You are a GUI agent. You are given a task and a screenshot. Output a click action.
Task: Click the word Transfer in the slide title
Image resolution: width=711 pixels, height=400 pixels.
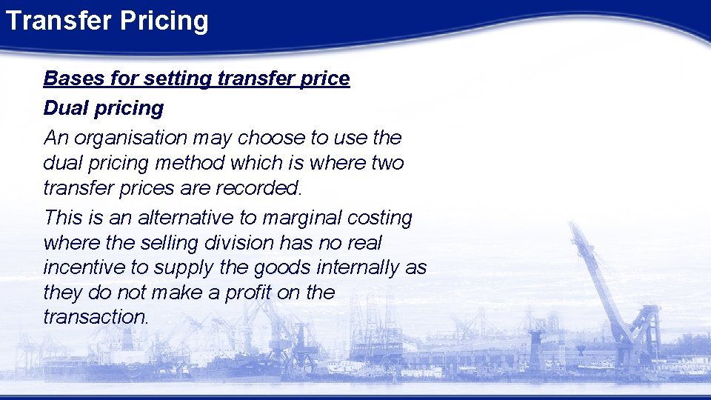pyautogui.click(x=50, y=21)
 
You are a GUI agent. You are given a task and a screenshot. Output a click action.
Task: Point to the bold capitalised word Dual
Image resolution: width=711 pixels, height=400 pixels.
pyautogui.click(x=64, y=108)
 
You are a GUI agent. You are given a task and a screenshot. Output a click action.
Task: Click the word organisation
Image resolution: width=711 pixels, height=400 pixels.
pyautogui.click(x=128, y=138)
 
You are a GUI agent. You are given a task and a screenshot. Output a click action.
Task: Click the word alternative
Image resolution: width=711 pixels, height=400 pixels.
pyautogui.click(x=187, y=218)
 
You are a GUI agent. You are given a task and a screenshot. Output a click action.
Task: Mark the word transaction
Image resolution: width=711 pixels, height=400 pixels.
pyautogui.click(x=96, y=317)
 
